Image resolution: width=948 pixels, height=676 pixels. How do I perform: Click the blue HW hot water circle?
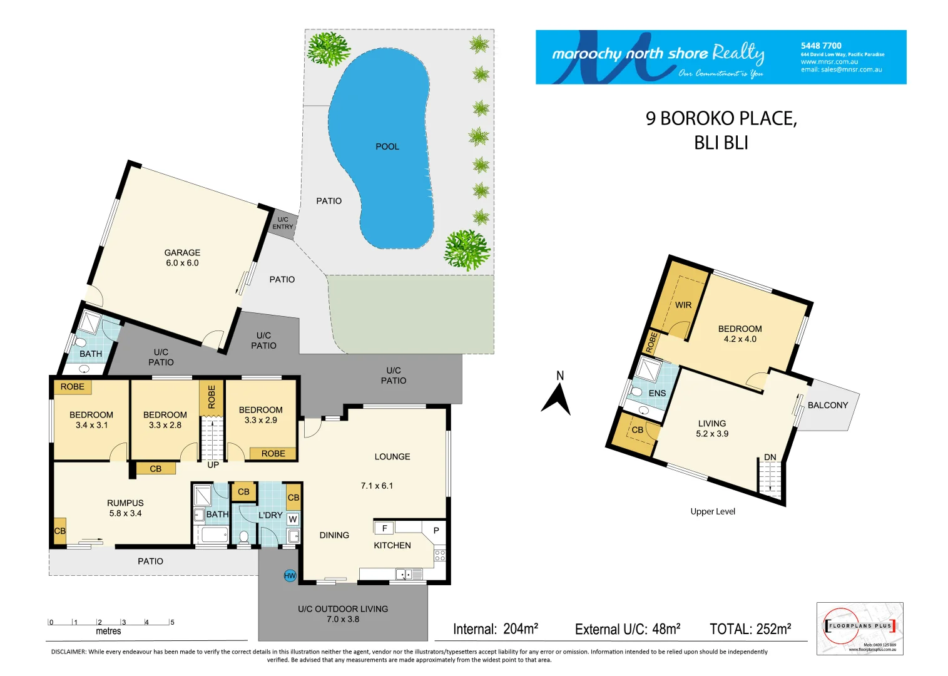(x=290, y=576)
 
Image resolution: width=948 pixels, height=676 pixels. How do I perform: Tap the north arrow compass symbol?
(x=556, y=398)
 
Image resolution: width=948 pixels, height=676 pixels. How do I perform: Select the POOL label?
(x=387, y=146)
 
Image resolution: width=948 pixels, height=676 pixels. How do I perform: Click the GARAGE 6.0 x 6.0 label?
(x=182, y=258)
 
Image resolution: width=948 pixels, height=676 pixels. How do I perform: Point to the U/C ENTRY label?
(x=283, y=223)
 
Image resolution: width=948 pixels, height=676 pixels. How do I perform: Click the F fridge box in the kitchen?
(x=384, y=528)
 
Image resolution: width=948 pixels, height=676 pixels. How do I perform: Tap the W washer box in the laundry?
(x=293, y=519)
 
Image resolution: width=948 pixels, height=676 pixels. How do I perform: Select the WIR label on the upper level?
(x=683, y=305)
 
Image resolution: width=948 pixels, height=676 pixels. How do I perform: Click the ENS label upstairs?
(x=657, y=393)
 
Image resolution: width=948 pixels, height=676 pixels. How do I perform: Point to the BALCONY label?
(x=827, y=405)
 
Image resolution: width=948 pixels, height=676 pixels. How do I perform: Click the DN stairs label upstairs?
(x=770, y=457)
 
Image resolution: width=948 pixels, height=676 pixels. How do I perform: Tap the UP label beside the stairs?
(x=213, y=465)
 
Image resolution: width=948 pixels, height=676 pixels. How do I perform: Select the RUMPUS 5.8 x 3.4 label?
(x=125, y=508)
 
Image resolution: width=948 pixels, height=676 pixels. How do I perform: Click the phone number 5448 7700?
(x=821, y=46)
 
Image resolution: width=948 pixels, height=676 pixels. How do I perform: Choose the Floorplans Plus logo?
(x=860, y=628)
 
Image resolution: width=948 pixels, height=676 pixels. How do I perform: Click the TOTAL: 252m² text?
(x=750, y=629)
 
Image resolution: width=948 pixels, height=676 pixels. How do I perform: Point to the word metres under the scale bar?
(x=108, y=631)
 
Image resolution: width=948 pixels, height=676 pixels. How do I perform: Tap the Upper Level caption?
(x=713, y=511)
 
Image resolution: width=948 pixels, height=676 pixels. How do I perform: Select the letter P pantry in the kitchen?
(x=436, y=530)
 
